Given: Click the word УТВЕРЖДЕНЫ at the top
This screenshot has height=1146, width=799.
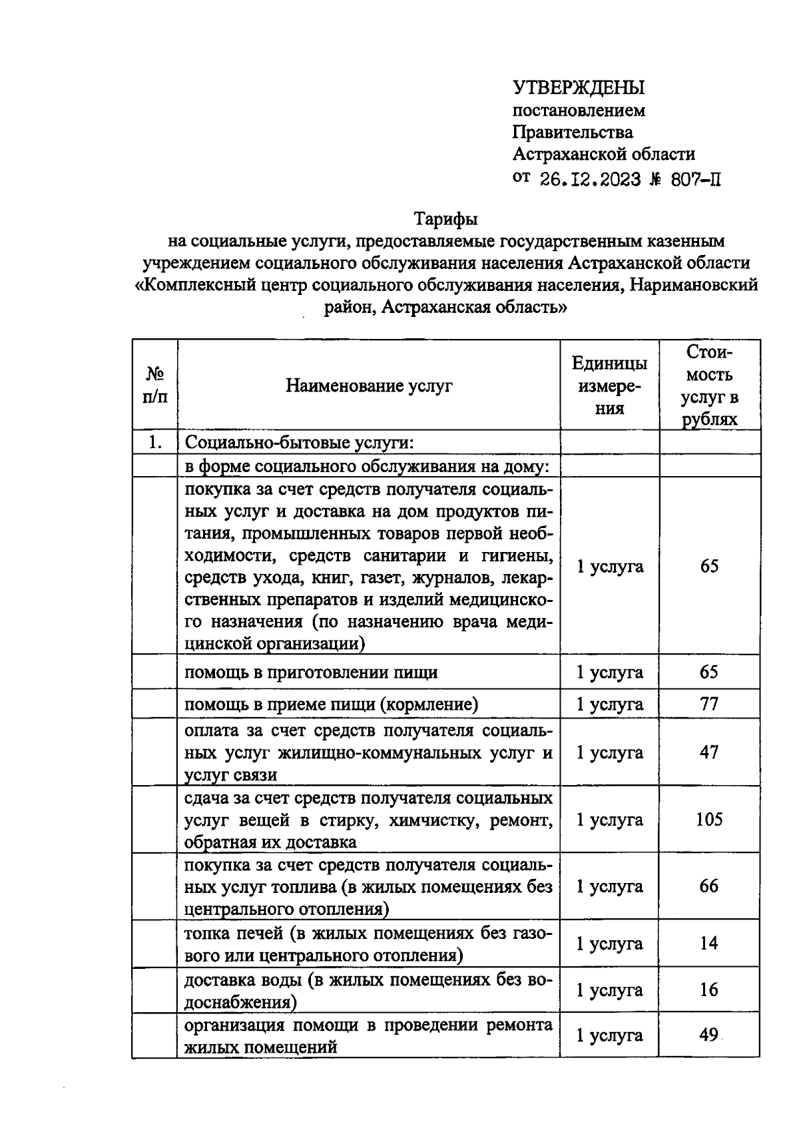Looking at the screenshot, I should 579,87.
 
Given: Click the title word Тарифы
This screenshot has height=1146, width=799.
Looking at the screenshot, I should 446,218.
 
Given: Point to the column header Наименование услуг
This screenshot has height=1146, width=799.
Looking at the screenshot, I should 369,386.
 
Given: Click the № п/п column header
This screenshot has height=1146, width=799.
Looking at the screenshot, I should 154,386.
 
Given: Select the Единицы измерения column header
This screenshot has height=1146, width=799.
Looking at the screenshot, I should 609,386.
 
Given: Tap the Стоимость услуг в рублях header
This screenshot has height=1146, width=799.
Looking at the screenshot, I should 709,386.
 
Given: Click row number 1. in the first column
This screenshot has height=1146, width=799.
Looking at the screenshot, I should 155,442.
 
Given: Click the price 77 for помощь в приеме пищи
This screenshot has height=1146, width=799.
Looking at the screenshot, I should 709,704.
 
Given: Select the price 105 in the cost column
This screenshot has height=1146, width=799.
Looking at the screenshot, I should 709,820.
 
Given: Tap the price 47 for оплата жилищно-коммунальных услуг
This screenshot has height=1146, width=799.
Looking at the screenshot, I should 709,752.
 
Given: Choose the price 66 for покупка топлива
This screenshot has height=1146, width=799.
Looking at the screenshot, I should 709,886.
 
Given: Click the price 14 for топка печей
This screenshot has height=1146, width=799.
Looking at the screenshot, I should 709,944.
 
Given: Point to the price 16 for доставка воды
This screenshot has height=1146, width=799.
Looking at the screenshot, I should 709,990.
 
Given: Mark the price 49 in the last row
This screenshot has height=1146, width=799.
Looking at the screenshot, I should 708,1035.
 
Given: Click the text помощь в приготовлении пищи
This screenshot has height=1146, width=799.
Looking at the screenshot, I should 311,673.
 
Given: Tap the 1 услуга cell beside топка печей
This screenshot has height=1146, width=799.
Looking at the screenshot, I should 609,944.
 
